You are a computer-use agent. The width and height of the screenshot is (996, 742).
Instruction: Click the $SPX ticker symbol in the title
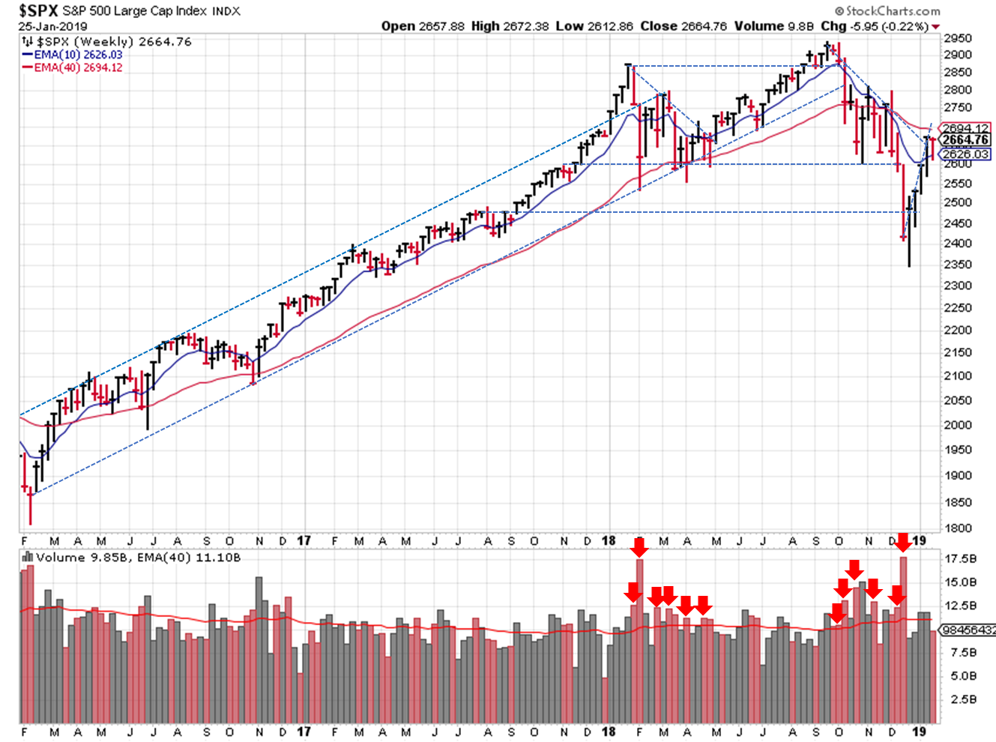coord(38,10)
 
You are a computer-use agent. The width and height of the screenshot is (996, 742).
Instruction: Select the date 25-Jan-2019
coord(52,26)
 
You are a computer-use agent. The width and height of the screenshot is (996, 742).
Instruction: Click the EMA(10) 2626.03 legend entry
coord(78,55)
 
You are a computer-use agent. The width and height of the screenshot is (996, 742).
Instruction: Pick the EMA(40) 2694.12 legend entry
coord(78,67)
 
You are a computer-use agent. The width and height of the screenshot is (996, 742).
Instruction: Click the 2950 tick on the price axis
coord(958,38)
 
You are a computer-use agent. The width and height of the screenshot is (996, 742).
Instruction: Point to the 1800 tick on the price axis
coord(958,528)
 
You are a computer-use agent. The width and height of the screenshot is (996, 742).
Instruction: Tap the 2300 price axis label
coord(958,286)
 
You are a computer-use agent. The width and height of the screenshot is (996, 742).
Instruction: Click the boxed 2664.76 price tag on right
coord(966,140)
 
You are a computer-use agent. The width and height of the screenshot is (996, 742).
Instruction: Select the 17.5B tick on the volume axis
coord(961,559)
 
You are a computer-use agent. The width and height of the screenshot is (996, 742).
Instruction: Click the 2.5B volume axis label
coord(963,700)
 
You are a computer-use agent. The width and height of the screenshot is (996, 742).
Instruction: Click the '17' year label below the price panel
coord(304,540)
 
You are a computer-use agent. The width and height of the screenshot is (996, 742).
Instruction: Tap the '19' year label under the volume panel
coord(920,732)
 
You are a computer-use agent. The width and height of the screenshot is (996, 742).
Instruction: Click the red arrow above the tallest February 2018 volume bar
coord(639,547)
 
